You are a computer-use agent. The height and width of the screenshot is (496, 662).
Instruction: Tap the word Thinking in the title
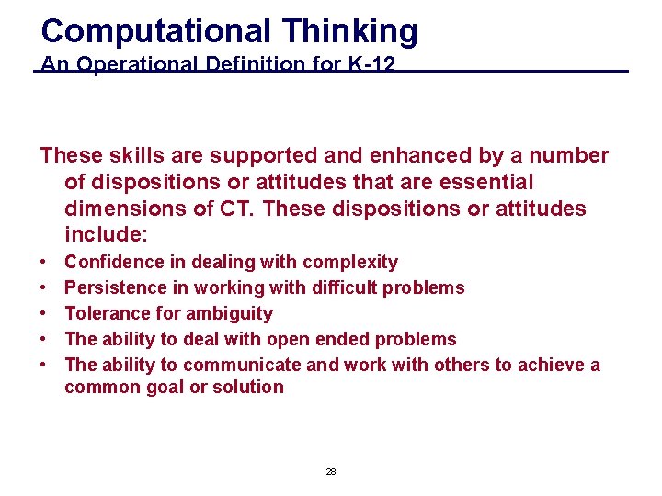[x=349, y=31]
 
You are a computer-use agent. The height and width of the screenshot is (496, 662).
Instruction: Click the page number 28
[x=331, y=471]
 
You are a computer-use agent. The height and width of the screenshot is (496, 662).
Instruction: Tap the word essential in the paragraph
[x=484, y=183]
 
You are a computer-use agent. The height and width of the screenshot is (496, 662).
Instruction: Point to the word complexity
[x=350, y=263]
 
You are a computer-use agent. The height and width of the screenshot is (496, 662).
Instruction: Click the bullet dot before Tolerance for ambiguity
[x=44, y=314]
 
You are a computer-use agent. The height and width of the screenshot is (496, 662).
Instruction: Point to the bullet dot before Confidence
[x=44, y=263]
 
